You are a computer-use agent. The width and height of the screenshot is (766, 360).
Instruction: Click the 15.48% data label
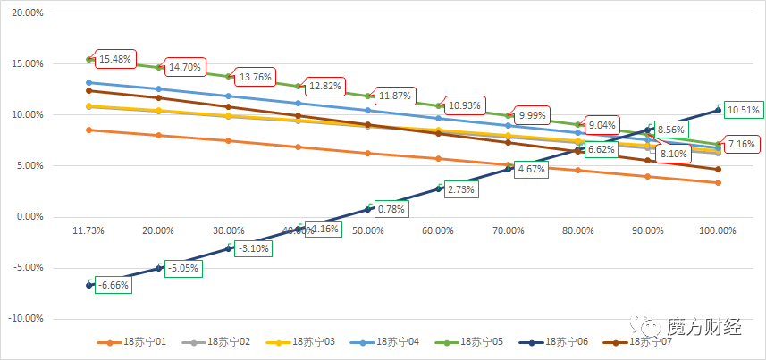click(x=115, y=59)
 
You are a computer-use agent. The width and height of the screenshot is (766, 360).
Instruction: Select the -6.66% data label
click(x=114, y=285)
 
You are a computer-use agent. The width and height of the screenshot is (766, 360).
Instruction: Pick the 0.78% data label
click(x=391, y=209)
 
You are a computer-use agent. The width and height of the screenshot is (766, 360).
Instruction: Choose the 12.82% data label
click(x=326, y=86)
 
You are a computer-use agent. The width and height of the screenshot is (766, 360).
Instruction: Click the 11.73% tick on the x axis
click(x=88, y=230)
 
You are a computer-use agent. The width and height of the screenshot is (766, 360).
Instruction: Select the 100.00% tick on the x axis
click(x=717, y=230)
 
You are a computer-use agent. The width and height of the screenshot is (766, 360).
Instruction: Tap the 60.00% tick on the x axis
click(x=438, y=230)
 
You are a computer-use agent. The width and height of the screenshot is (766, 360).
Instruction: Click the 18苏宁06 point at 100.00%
click(x=718, y=111)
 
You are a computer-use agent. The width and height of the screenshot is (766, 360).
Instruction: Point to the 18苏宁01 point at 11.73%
click(x=89, y=130)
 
